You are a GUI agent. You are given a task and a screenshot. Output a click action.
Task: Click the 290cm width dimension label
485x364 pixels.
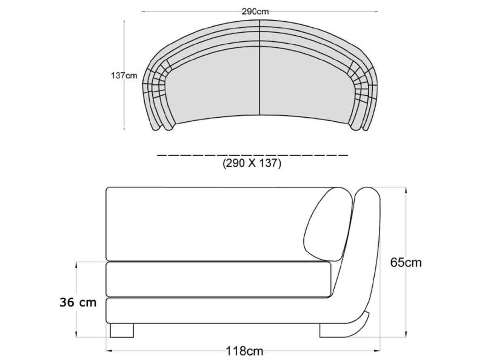click(x=255, y=11)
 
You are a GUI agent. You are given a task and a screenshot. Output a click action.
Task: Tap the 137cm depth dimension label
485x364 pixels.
click(x=124, y=76)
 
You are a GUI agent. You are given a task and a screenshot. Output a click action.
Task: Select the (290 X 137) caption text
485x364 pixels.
click(x=252, y=164)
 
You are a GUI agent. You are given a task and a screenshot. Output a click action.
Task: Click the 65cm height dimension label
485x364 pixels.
click(x=405, y=262)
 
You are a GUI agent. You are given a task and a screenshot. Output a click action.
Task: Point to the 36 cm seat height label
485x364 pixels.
click(x=78, y=302)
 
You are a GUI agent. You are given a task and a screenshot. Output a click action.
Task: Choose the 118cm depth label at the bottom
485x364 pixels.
click(x=244, y=351)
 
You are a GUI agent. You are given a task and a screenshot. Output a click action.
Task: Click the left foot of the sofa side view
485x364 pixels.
click(x=122, y=330)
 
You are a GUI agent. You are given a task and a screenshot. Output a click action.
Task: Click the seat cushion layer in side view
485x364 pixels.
click(x=218, y=279)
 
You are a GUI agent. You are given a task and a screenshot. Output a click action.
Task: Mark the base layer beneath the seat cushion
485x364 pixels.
click(x=218, y=311)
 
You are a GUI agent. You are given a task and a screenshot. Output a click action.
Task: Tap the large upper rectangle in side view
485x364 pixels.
click(x=210, y=224)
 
